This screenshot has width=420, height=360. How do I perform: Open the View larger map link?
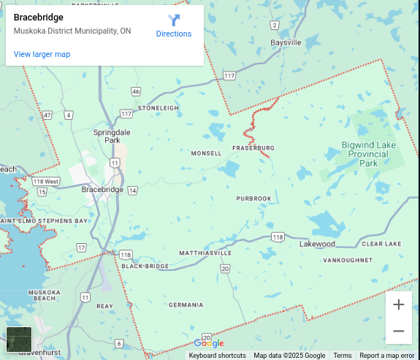pos(42,54)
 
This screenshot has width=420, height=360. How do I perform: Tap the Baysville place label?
pos(286,42)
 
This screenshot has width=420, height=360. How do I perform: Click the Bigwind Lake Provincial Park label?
pos(368,154)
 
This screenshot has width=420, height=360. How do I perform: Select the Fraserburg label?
pos(253,148)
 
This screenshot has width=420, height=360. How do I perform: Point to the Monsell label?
pos(205,153)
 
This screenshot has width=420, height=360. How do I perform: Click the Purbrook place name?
pos(253,199)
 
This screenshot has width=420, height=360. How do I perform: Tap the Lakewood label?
pos(317,243)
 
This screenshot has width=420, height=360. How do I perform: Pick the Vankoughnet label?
pos(348,260)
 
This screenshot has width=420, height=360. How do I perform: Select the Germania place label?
pos(186,305)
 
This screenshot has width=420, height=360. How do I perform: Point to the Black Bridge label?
pos(145,267)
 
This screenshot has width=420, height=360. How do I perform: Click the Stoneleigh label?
pos(158,108)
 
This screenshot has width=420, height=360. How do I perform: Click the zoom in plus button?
pos(398,305)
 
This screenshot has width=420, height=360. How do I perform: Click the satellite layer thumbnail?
pos(19,340)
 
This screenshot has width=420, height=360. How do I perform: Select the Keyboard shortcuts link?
pos(217,356)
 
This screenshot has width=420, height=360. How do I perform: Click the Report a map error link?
pos(386,356)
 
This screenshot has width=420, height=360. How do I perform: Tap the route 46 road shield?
pos(136,91)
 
